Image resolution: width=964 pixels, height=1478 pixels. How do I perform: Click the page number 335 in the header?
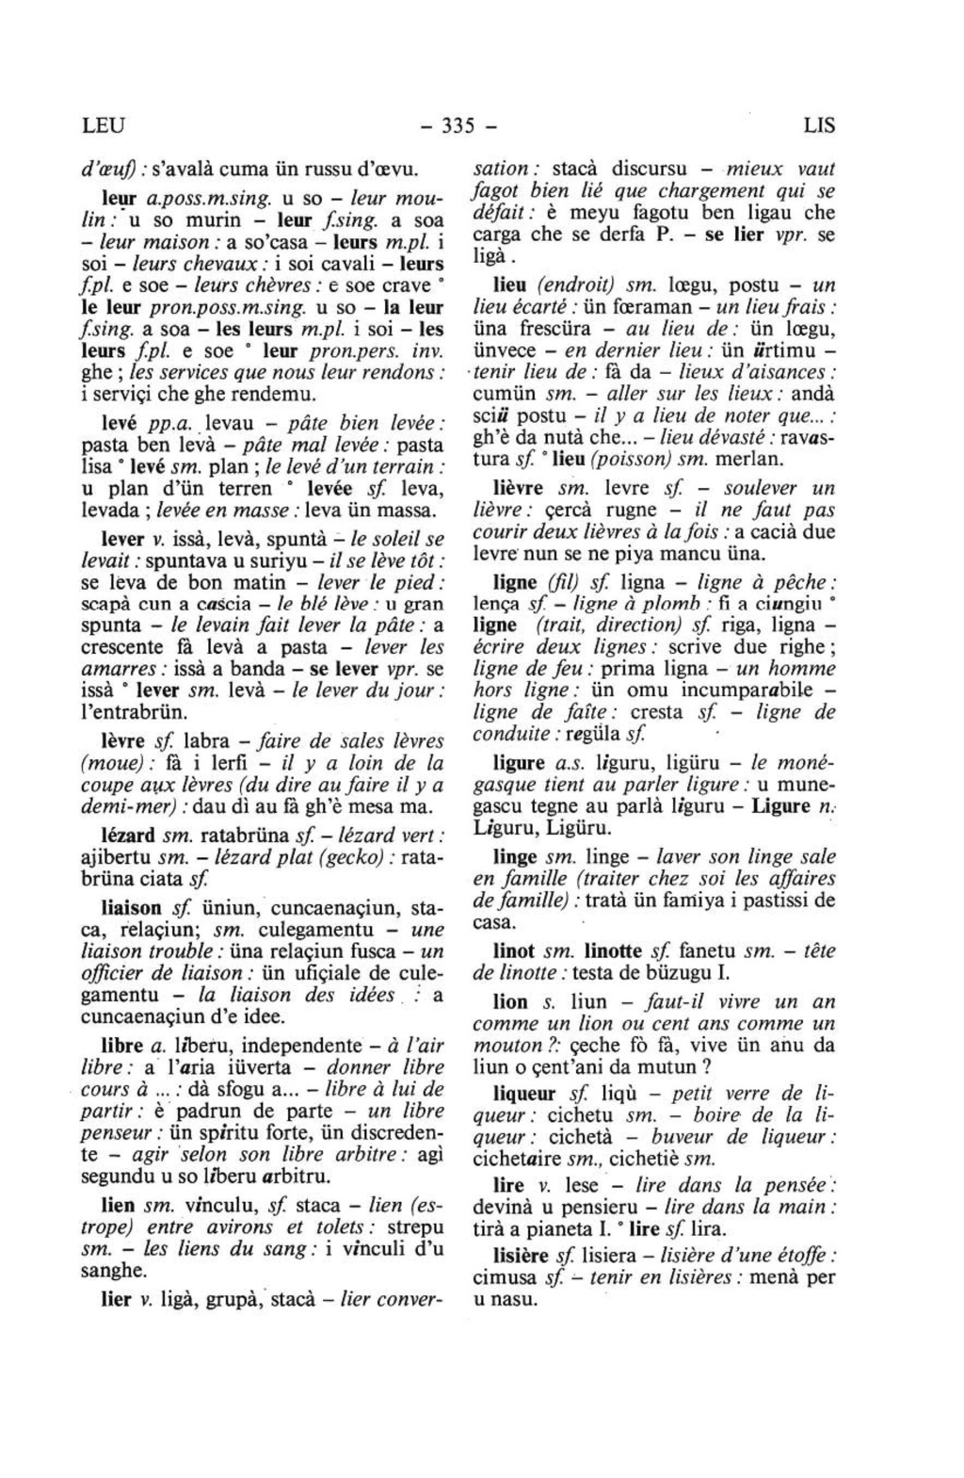458,125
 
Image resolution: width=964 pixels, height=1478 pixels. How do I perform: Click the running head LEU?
103,125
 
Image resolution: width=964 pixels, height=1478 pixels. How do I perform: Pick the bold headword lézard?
128,836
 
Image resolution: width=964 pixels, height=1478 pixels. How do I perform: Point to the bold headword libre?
122,1046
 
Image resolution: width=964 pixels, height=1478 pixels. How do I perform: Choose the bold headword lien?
118,1205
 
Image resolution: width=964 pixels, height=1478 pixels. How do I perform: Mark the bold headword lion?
511,1002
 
